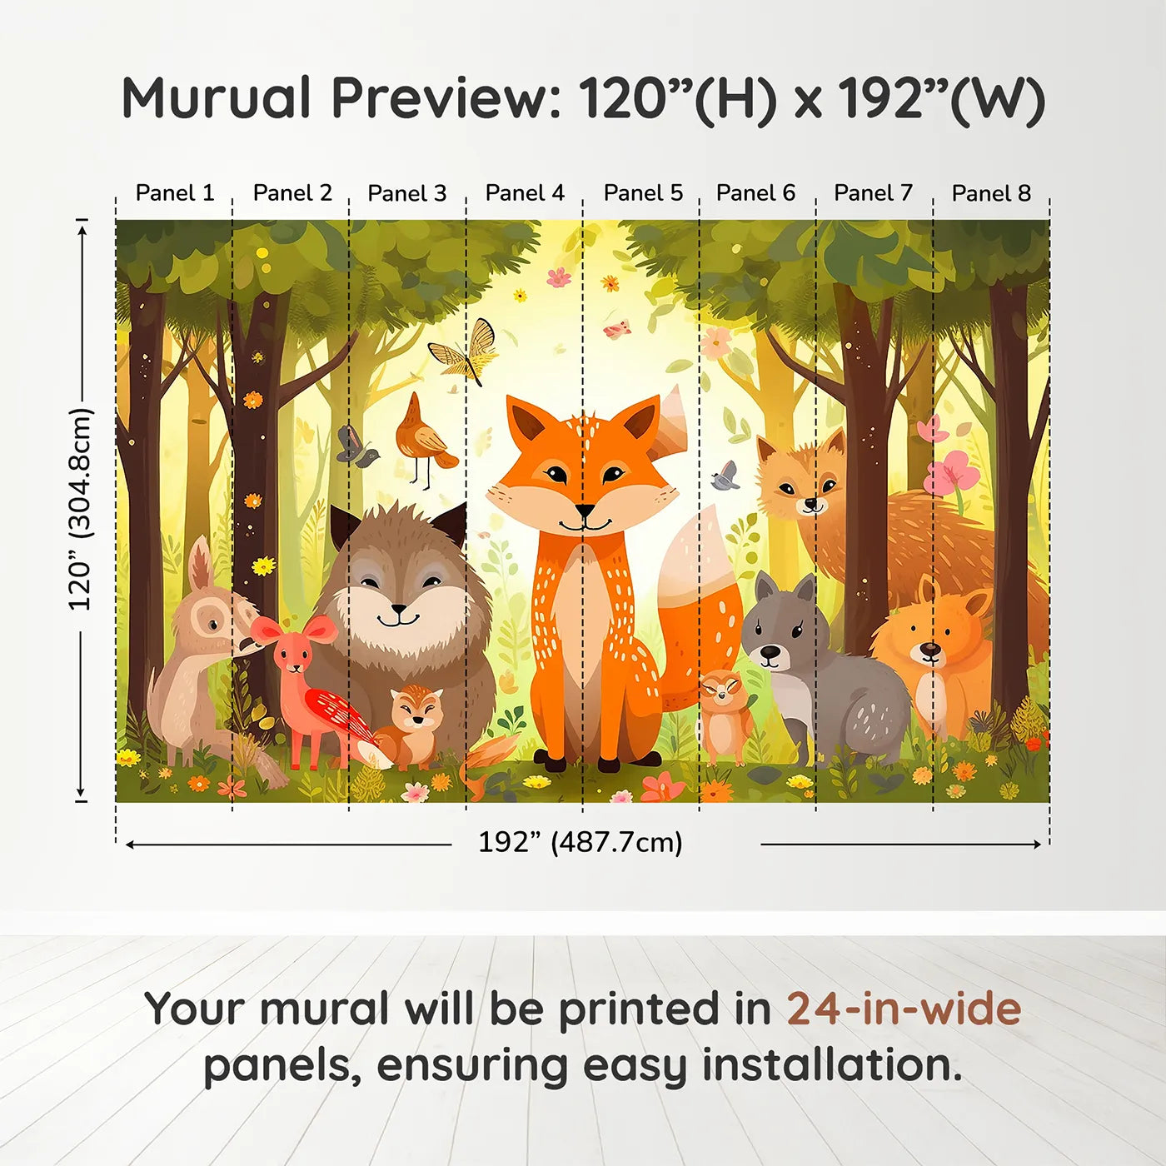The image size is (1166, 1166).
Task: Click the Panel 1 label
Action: pyautogui.click(x=175, y=193)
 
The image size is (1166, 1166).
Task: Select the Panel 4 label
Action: pyautogui.click(x=525, y=193)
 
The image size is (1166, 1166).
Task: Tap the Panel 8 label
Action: pyautogui.click(x=991, y=193)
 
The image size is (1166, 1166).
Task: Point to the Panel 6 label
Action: pyautogui.click(x=755, y=193)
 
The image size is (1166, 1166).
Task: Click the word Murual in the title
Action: pyautogui.click(x=216, y=97)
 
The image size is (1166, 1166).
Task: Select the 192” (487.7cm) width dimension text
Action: pyautogui.click(x=581, y=842)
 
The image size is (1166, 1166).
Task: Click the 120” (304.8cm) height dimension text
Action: pyautogui.click(x=82, y=509)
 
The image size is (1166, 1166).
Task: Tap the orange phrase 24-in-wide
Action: pyautogui.click(x=904, y=1008)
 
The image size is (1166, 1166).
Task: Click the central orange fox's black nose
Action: pyautogui.click(x=585, y=511)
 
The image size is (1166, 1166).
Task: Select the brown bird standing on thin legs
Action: pyautogui.click(x=426, y=439)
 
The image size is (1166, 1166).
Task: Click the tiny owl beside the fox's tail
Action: pyautogui.click(x=725, y=717)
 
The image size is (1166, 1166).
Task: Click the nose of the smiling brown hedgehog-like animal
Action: pyautogui.click(x=398, y=607)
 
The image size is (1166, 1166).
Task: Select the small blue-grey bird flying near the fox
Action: pyautogui.click(x=725, y=476)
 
